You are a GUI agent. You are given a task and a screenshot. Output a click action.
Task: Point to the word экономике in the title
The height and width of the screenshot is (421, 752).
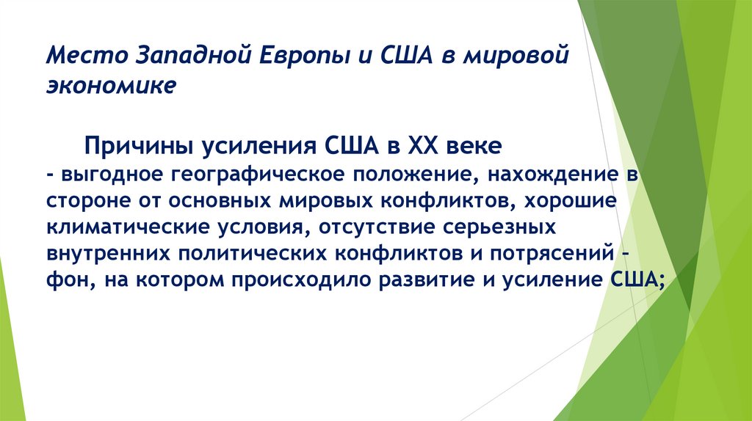(x=112, y=85)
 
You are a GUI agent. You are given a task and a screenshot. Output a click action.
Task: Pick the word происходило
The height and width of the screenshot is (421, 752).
(x=297, y=279)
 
